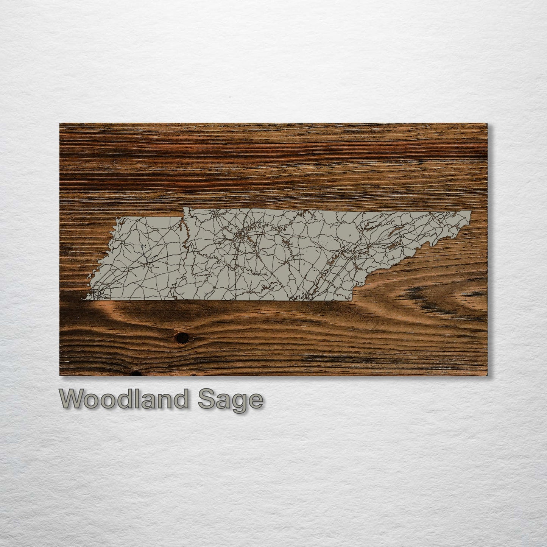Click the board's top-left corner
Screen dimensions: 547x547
pyautogui.click(x=60, y=123)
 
